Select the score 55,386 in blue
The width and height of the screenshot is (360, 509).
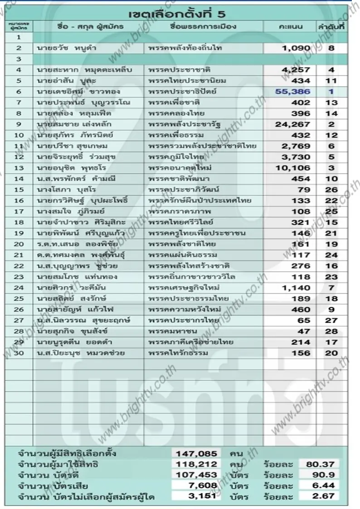click(293, 92)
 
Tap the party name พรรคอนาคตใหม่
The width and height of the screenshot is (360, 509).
click(180, 168)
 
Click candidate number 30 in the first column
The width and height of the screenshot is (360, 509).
click(19, 353)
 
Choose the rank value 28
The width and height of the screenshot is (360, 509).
click(331, 331)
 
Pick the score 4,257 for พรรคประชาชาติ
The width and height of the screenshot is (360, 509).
click(296, 70)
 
